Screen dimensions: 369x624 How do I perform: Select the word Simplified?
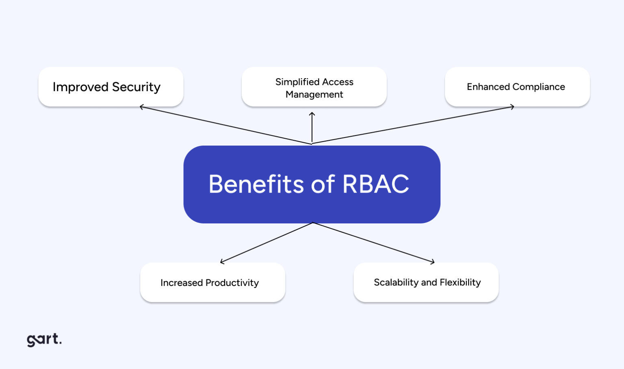(297, 82)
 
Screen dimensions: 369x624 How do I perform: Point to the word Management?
(314, 94)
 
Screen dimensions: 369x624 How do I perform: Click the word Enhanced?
(488, 87)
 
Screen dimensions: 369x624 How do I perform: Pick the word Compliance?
(539, 87)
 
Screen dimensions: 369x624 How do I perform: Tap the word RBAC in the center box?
(375, 184)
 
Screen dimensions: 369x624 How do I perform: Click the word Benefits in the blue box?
(256, 184)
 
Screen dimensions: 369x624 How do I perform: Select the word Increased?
(181, 283)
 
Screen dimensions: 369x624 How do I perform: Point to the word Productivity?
(232, 283)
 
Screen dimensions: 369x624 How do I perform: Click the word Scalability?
(396, 282)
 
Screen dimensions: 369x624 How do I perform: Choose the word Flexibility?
(460, 282)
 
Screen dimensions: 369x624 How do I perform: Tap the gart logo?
(44, 339)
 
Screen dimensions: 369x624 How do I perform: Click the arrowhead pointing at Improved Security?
(141, 107)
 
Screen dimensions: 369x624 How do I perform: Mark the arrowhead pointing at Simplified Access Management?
(312, 114)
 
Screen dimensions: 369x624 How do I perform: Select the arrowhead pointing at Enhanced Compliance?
(513, 107)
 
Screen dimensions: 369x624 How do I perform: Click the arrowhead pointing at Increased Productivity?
(222, 262)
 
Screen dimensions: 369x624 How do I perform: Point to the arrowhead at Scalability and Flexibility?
(433, 262)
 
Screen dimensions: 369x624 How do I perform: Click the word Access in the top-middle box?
(338, 82)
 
